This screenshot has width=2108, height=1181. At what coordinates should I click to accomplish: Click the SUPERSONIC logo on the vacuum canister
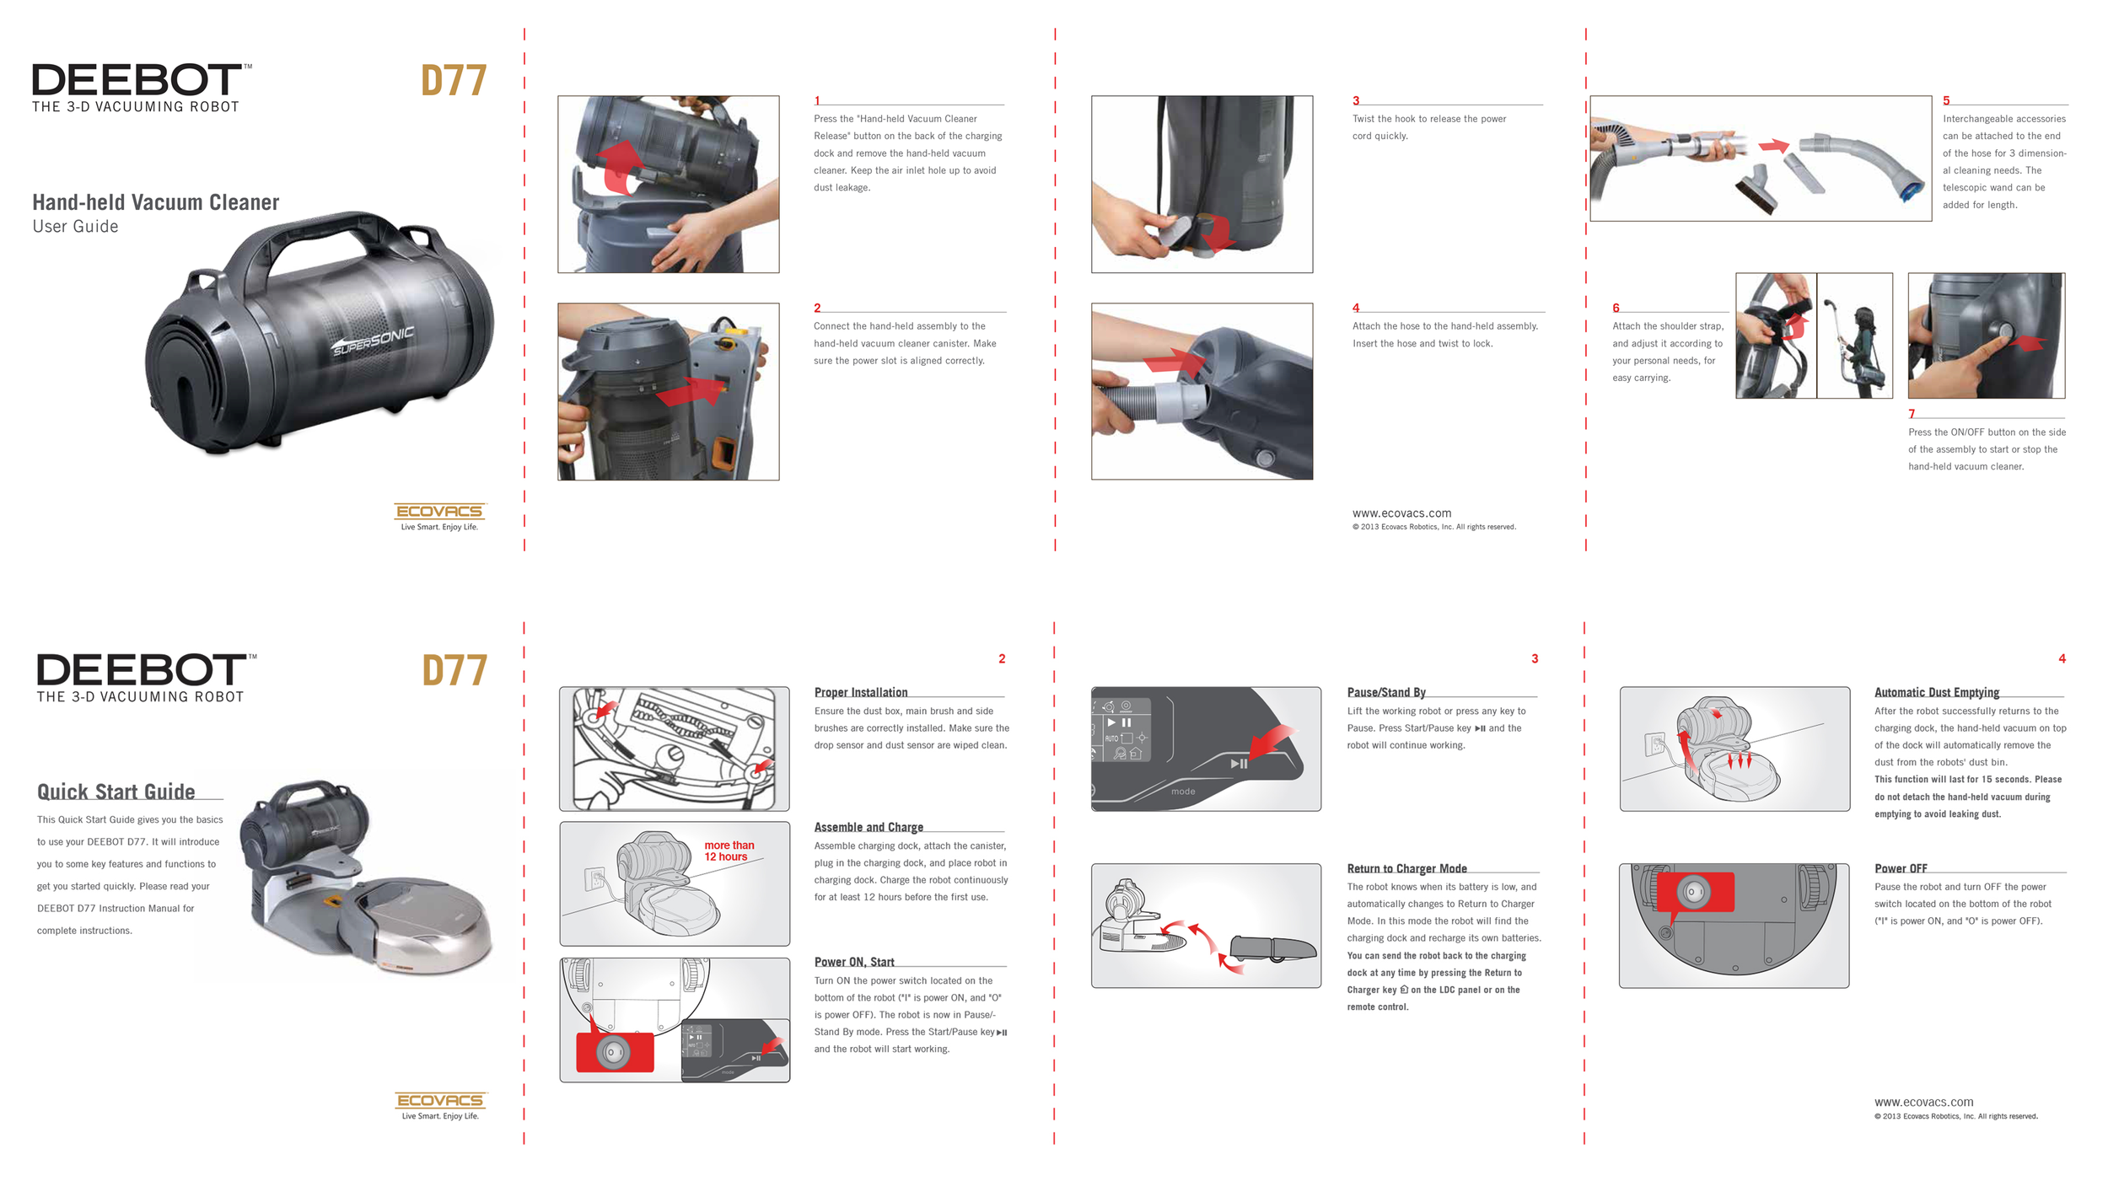(x=374, y=341)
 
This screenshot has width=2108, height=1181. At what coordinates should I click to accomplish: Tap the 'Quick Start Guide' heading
(x=116, y=792)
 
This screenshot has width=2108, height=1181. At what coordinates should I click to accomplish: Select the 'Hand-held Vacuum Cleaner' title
(x=156, y=202)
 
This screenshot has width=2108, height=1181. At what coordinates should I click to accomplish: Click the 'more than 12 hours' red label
(x=729, y=851)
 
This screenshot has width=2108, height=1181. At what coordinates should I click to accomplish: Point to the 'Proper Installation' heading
(x=861, y=692)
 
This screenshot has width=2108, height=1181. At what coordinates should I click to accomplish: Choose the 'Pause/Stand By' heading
(x=1386, y=692)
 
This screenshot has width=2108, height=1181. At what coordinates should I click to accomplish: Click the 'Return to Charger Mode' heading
(x=1406, y=868)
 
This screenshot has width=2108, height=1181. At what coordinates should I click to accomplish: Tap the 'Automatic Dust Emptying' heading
(x=1937, y=692)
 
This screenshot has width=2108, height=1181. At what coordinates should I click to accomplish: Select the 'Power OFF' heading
(x=1901, y=868)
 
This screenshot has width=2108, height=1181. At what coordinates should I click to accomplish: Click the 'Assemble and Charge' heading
(x=868, y=827)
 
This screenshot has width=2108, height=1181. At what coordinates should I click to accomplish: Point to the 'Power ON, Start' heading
(x=854, y=962)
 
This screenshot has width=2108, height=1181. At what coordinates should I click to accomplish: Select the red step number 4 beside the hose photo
(x=1356, y=308)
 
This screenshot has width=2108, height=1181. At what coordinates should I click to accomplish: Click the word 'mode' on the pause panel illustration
(x=1183, y=792)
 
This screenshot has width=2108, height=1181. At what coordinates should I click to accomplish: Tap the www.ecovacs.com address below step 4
(x=1401, y=513)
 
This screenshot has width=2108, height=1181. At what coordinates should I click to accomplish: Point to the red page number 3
(x=1535, y=658)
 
